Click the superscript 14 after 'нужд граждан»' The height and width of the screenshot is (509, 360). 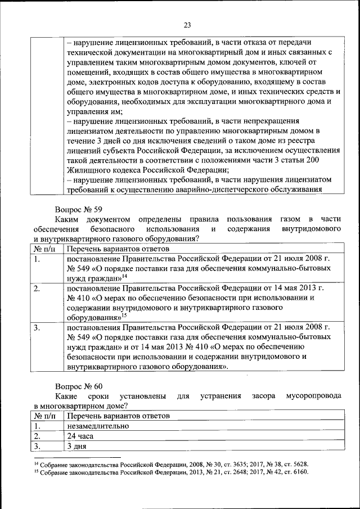tap(124, 276)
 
